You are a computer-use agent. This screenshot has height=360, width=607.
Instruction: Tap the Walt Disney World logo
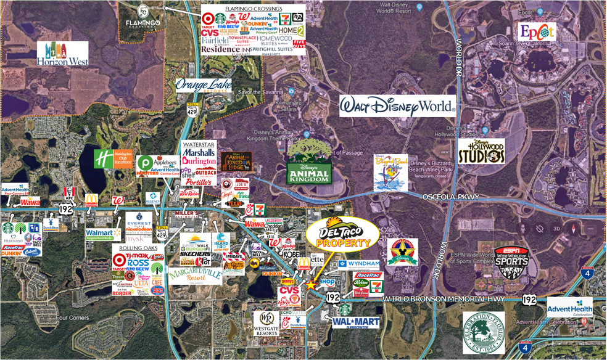[x=397, y=106]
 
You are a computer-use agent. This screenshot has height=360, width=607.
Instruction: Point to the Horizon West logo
[x=62, y=54]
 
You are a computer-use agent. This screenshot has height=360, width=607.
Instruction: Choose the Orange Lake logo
[x=204, y=85]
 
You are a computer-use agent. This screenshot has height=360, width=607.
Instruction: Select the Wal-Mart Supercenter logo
[x=355, y=322]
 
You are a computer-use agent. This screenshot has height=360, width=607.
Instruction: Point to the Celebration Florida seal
[x=483, y=332]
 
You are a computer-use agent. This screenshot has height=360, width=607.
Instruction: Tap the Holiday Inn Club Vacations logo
[x=114, y=158]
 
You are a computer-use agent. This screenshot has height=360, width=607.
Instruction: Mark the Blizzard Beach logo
[x=390, y=173]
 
